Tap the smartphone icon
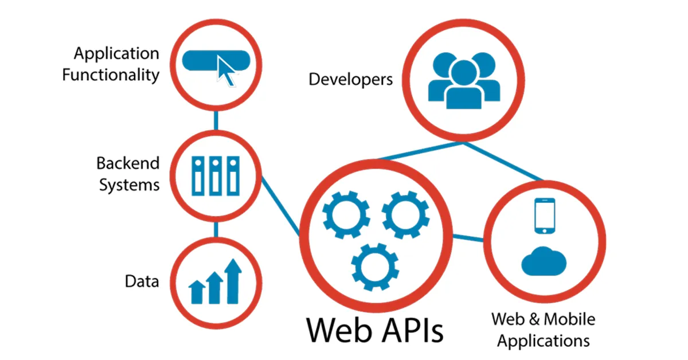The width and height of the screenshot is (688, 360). (545, 216)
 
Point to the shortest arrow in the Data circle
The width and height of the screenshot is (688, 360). (197, 291)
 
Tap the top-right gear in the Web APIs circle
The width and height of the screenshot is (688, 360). (405, 215)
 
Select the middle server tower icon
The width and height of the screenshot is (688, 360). (216, 175)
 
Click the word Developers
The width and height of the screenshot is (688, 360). (351, 79)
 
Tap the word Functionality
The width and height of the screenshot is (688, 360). (110, 75)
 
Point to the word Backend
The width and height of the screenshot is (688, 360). (127, 163)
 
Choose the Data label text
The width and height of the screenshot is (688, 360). (142, 281)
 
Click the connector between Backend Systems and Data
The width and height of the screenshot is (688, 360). (216, 229)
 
